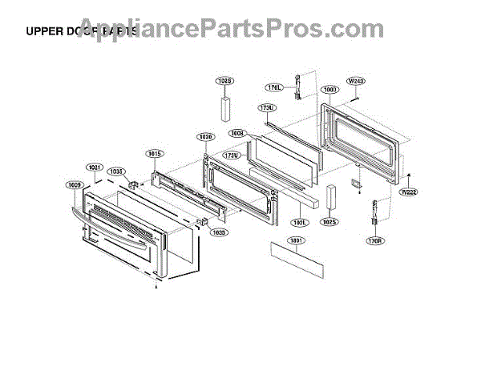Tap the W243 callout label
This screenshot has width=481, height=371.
click(356, 82)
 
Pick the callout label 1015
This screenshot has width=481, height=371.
click(154, 153)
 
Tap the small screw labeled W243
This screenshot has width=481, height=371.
click(354, 99)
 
